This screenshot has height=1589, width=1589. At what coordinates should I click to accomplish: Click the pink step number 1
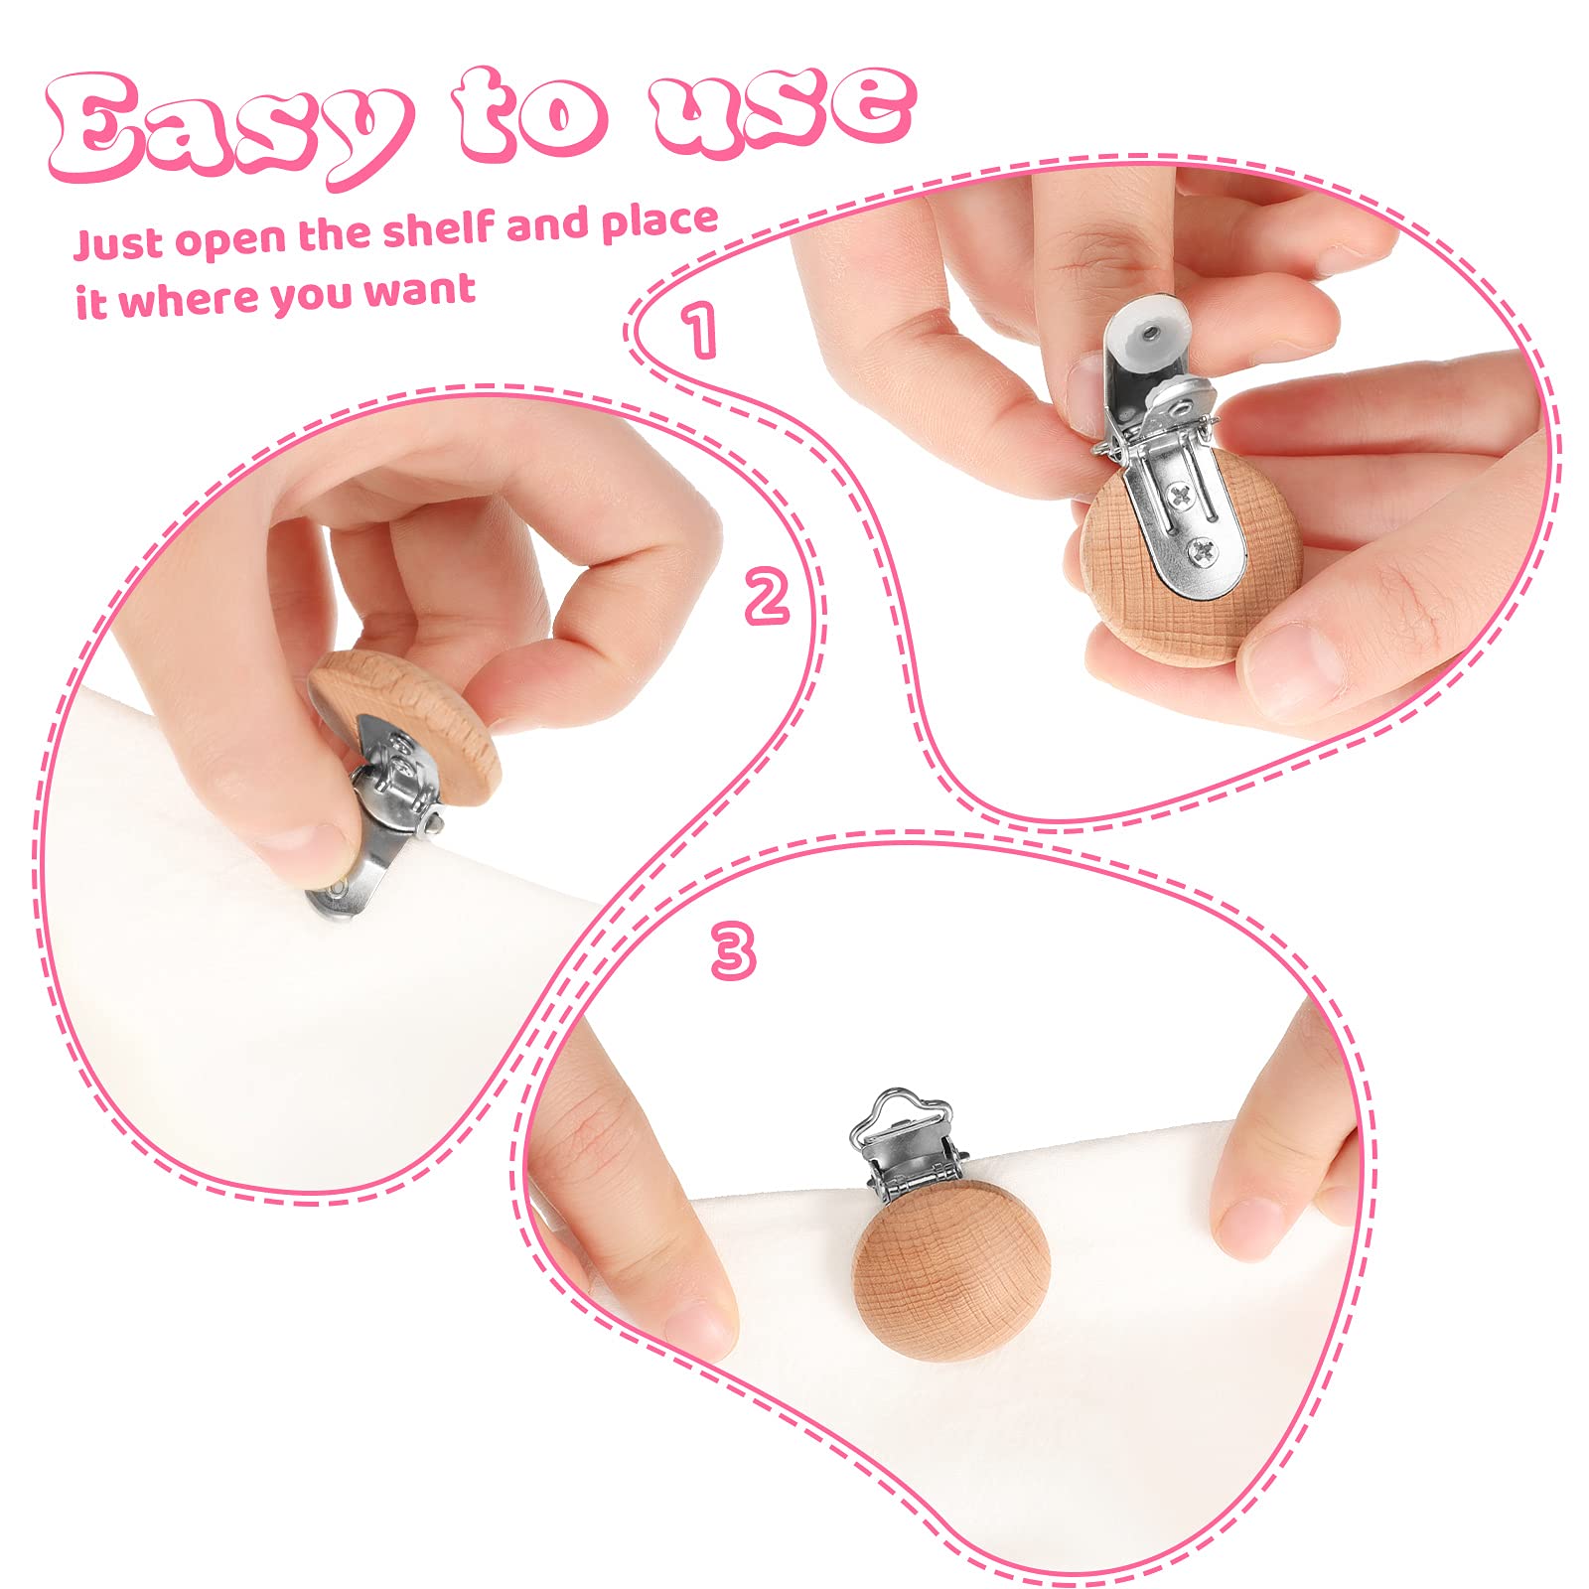[x=699, y=330]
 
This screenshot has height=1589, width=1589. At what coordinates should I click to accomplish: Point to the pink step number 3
[x=734, y=950]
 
